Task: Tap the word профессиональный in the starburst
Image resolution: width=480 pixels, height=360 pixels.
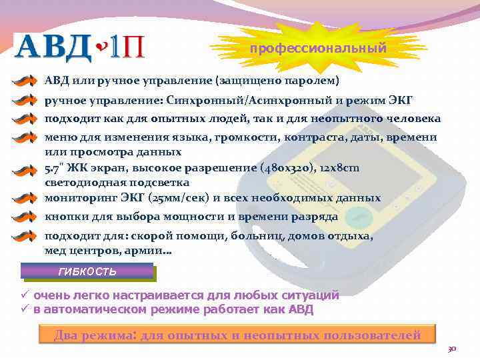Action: [318, 48]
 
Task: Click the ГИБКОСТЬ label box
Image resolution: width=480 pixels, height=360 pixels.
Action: [87, 271]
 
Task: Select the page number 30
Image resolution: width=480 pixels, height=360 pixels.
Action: [451, 349]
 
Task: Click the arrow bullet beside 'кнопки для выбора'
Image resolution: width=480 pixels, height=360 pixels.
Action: [25, 217]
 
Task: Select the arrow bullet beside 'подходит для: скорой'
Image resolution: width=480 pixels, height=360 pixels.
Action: [25, 237]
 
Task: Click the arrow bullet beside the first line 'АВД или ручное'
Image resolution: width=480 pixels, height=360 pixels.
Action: [25, 81]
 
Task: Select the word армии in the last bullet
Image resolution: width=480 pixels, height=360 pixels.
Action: [153, 251]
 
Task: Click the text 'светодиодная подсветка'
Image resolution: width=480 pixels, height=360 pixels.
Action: [117, 182]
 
